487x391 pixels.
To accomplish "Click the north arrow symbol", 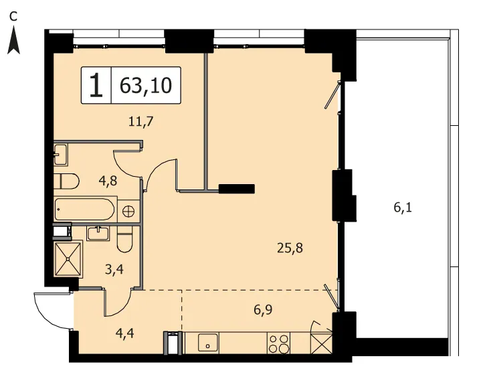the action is click(x=13, y=40).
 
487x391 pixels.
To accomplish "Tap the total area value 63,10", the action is click(x=146, y=85).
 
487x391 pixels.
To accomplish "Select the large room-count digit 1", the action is click(x=96, y=85).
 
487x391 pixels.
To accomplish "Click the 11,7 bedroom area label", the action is click(x=141, y=121).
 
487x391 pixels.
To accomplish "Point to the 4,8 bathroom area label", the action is click(x=108, y=181).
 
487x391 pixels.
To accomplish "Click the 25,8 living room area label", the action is click(x=290, y=248).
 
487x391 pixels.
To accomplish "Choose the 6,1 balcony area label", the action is click(x=403, y=208).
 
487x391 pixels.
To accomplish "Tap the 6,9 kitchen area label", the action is click(x=263, y=310).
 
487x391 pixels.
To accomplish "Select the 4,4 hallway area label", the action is click(x=124, y=333).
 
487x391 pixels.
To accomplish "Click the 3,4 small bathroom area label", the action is click(x=114, y=269).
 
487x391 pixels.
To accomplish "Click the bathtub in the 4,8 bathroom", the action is click(x=85, y=209).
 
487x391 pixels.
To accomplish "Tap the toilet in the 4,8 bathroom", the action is click(x=66, y=181).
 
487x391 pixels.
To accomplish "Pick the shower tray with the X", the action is click(x=68, y=259).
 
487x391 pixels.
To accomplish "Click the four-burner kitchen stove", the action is click(x=278, y=343).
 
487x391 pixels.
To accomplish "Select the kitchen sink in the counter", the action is click(x=208, y=343).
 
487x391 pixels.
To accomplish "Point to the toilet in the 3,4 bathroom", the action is click(x=125, y=239).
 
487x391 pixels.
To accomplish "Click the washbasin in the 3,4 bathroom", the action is click(x=98, y=234).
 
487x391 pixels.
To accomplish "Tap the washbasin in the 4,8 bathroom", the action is click(x=61, y=155).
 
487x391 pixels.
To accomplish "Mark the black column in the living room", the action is click(x=237, y=189).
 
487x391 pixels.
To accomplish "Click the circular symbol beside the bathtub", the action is click(x=128, y=212).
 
